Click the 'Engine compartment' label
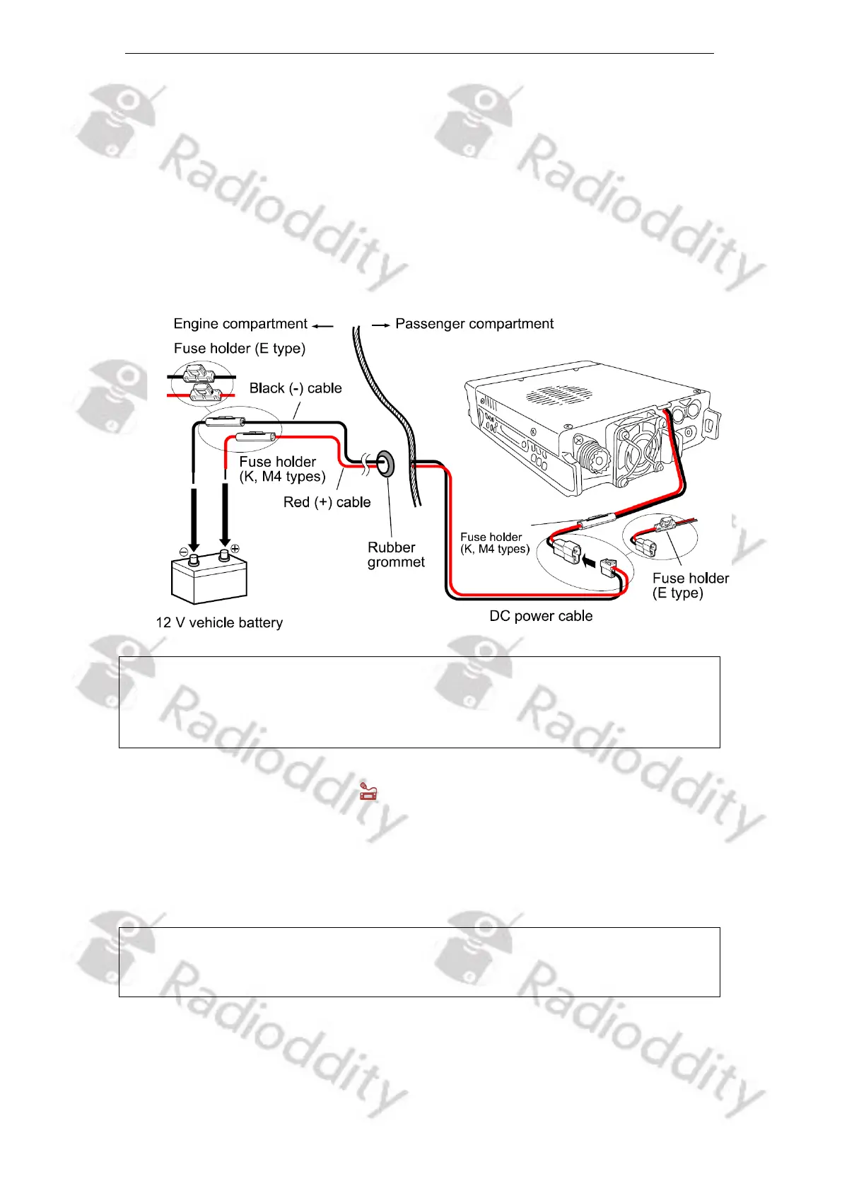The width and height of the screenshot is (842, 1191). (x=240, y=324)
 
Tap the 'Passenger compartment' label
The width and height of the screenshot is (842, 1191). (x=474, y=324)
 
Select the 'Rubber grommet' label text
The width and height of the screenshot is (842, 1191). (x=396, y=555)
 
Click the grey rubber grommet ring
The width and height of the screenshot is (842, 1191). (x=385, y=465)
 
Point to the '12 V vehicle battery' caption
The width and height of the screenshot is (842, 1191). (x=219, y=623)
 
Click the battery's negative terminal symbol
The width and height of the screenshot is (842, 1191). (x=184, y=551)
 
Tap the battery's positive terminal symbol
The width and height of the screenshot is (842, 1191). (x=235, y=548)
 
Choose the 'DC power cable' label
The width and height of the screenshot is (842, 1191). (x=541, y=616)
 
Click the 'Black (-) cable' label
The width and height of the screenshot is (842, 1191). (x=296, y=388)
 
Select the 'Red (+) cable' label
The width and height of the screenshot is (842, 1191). (x=327, y=502)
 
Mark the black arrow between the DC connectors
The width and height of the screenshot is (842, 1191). (x=590, y=561)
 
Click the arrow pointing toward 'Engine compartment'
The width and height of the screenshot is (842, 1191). (x=322, y=325)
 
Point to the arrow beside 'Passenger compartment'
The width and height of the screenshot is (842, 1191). (x=381, y=325)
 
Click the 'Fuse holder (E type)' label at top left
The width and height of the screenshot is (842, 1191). (x=240, y=348)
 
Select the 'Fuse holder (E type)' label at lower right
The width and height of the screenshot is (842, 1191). (x=690, y=586)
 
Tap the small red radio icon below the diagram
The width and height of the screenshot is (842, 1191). (x=368, y=791)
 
